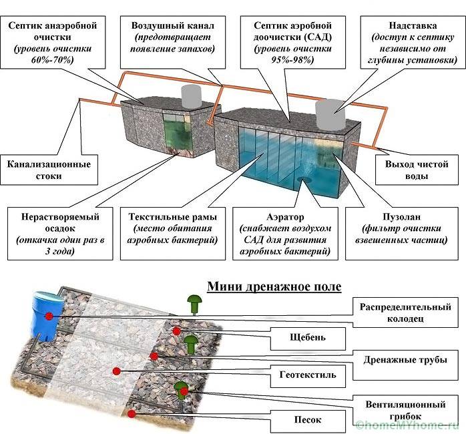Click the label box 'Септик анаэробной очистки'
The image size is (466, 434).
pyautogui.click(x=53, y=42)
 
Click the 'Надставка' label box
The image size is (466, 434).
pyautogui.click(x=409, y=42)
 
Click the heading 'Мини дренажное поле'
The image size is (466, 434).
pyautogui.click(x=274, y=286)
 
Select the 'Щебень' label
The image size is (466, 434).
pyautogui.click(x=308, y=338)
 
